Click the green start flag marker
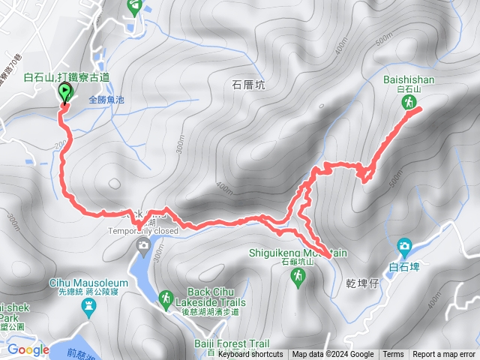[x=64, y=93]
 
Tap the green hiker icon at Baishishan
[x=410, y=102]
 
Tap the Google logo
[x=28, y=349]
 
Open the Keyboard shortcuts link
[x=251, y=355]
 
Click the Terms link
[x=393, y=355]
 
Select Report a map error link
[x=444, y=355]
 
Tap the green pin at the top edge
[x=135, y=7]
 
